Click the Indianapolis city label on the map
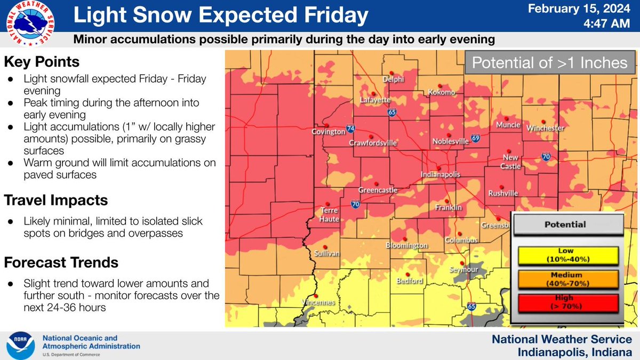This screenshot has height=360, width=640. (440, 174)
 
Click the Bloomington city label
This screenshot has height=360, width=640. (406, 246)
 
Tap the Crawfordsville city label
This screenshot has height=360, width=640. (373, 143)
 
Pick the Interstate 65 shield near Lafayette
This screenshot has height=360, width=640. (392, 112)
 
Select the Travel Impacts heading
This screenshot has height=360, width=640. (56, 200)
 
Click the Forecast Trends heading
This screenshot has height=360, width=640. (61, 262)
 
